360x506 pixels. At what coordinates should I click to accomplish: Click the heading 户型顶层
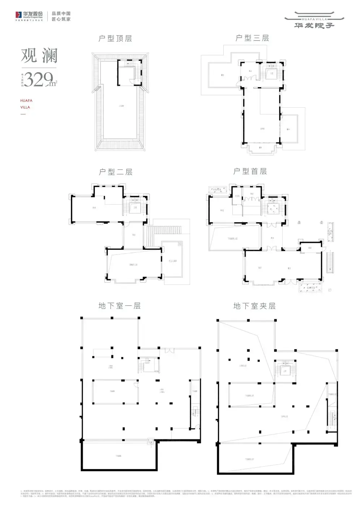click(115, 38)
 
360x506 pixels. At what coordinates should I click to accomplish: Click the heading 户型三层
click(252, 38)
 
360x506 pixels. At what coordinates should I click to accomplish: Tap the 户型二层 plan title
click(116, 172)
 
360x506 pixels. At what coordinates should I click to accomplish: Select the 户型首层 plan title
click(250, 171)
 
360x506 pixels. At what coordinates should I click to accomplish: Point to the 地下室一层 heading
click(119, 306)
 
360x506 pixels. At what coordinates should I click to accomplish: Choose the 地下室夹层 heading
click(254, 306)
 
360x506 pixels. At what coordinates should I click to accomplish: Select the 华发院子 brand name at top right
click(314, 25)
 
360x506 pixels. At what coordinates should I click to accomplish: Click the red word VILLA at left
click(25, 107)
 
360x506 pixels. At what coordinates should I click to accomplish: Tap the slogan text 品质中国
click(61, 14)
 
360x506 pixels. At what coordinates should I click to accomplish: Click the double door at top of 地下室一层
click(169, 351)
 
